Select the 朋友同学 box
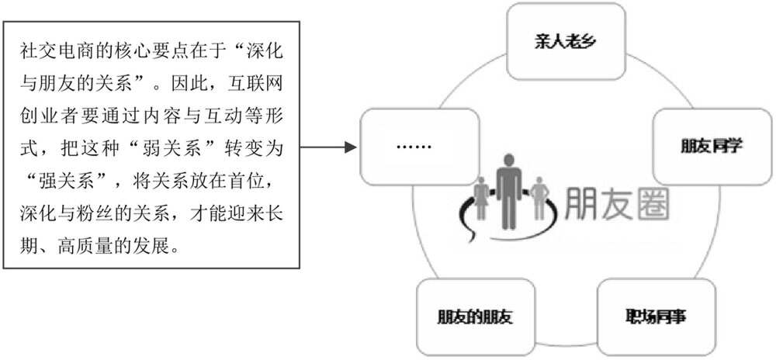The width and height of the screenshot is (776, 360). pos(711,145)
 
